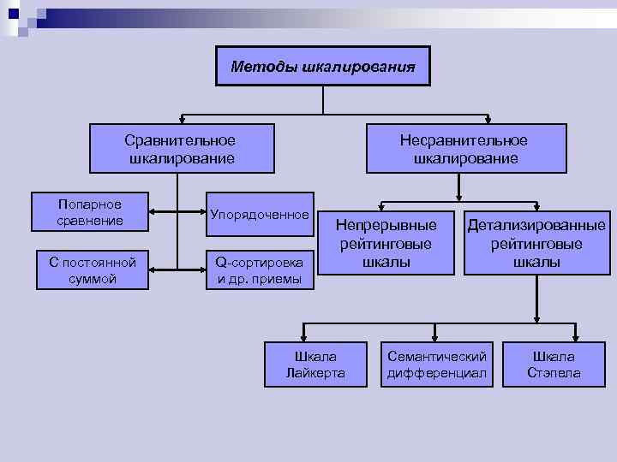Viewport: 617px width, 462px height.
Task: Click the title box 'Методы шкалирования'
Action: coord(322,66)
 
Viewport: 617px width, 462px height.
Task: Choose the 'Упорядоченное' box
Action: coord(260,213)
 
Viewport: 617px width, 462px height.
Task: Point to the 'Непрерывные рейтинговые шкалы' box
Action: coord(386,243)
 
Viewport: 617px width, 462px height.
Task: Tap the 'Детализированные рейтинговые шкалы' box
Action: coord(536,243)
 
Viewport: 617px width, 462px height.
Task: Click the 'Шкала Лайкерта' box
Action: coord(315,364)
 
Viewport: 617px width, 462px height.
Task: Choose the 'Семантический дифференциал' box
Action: coord(437,364)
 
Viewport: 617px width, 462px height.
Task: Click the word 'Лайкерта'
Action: coord(315,373)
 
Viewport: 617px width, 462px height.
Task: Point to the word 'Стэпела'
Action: coord(554,373)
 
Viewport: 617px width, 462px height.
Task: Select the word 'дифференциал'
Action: coord(437,373)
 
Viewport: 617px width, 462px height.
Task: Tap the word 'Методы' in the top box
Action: coord(264,66)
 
